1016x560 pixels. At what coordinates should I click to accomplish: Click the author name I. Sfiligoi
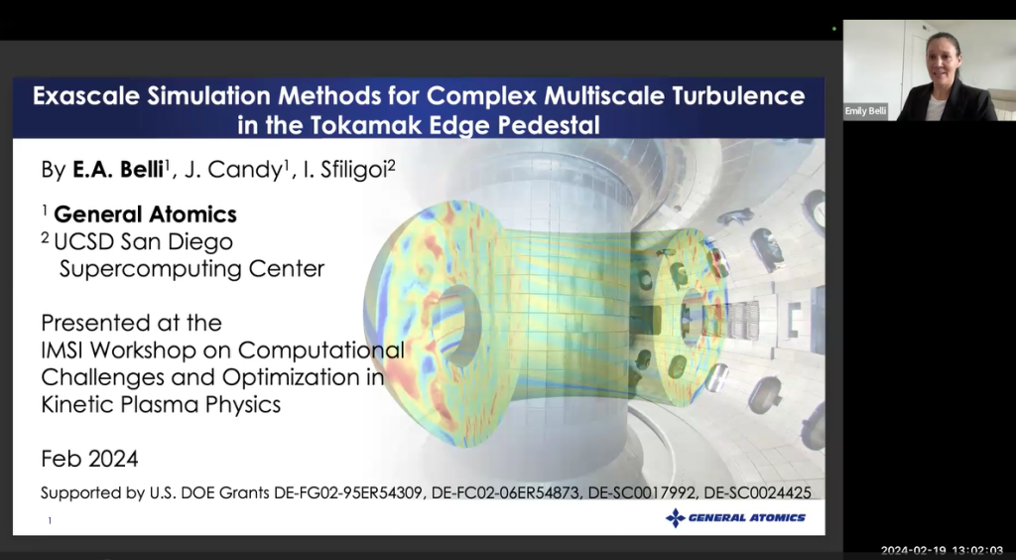348,170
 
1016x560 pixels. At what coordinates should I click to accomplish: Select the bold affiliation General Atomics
145,214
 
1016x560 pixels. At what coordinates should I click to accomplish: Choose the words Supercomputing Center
191,268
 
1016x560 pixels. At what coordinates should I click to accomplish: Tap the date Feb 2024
89,459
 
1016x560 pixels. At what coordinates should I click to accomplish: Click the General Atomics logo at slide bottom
735,517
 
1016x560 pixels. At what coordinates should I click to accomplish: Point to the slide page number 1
50,520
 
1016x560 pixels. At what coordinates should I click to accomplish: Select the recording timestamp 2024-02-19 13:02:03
942,550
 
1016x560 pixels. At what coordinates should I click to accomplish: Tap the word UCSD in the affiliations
90,241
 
